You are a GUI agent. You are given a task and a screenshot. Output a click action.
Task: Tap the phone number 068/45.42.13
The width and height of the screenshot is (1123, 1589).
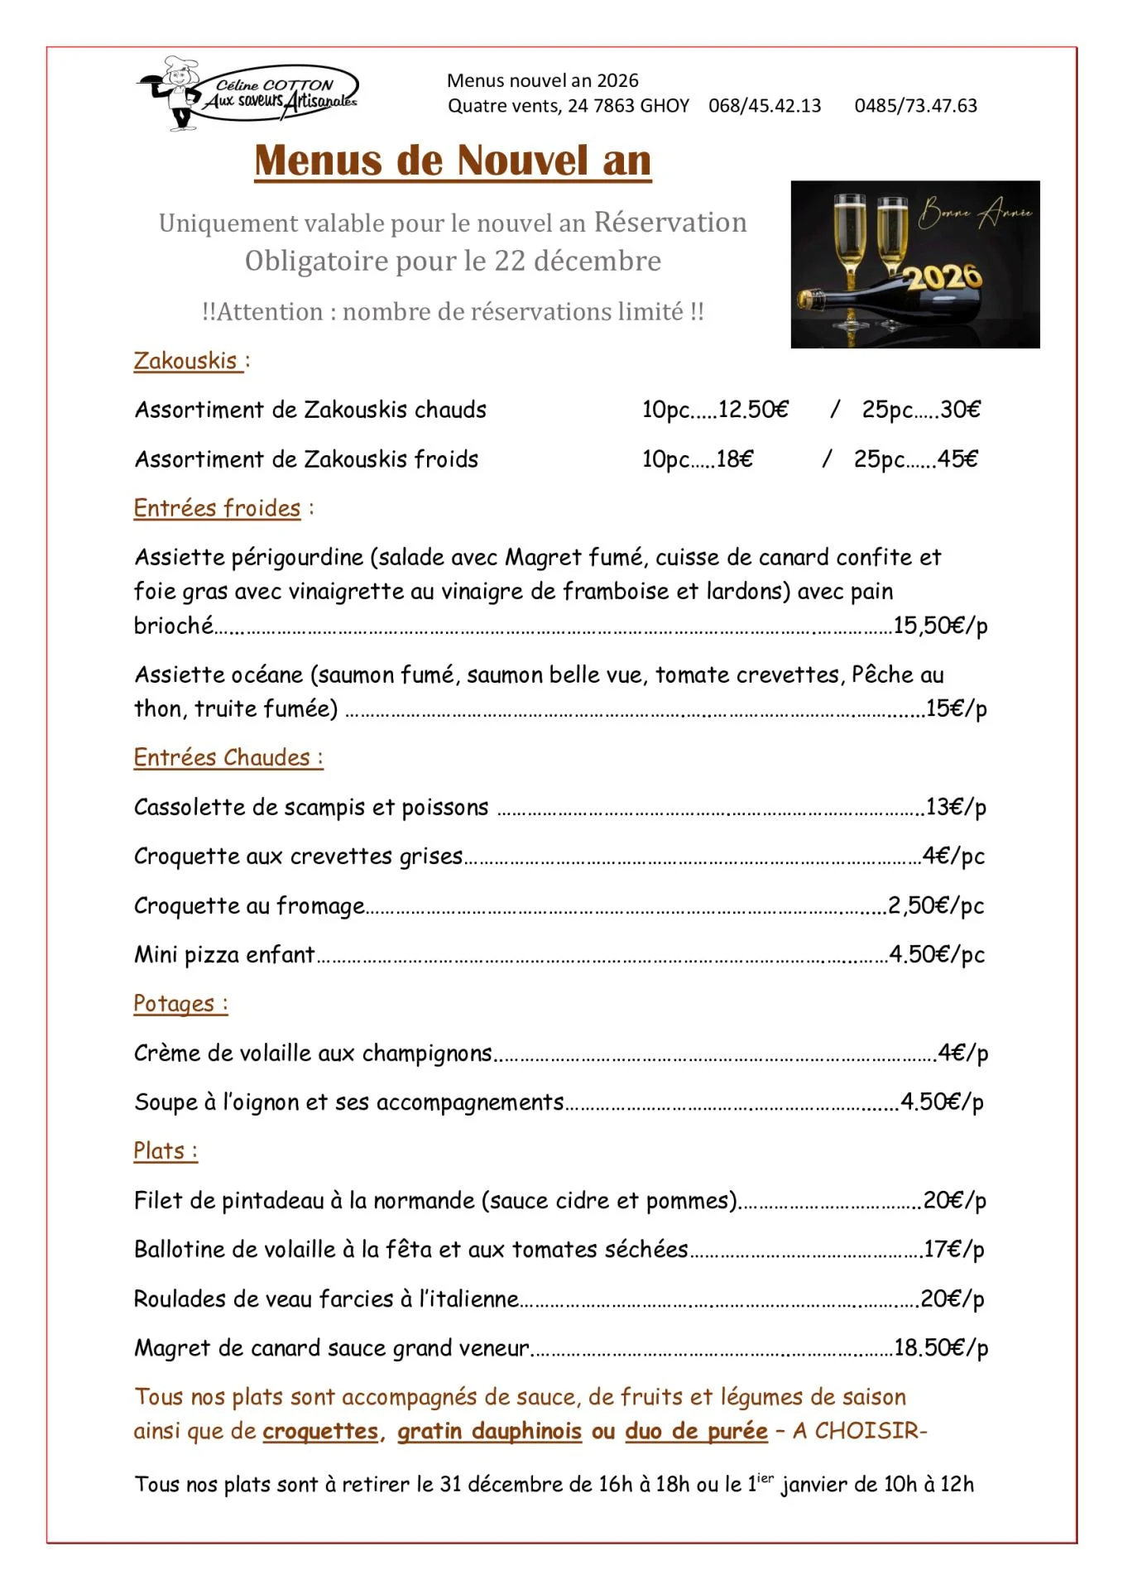pos(765,106)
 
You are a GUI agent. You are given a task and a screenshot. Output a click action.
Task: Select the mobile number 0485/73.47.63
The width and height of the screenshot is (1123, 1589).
pos(915,106)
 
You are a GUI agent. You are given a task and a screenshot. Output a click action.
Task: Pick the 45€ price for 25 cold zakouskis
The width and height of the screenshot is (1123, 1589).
pos(957,459)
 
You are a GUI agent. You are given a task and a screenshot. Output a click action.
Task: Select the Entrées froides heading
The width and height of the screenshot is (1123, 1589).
pos(217,508)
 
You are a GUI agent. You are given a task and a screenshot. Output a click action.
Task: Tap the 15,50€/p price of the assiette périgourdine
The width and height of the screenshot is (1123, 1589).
pos(940,626)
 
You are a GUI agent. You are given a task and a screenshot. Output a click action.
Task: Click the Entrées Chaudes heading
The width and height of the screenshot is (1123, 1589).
pos(228,758)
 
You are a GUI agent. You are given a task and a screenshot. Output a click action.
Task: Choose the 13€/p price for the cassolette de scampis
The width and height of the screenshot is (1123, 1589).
pos(956,807)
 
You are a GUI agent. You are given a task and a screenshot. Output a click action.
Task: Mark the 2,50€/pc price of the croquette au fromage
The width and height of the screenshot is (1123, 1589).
pos(936,905)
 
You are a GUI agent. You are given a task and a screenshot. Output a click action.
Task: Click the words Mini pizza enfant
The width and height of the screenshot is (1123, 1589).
pos(224,955)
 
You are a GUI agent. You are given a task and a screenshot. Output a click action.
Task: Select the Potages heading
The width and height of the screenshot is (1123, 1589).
pos(180,1004)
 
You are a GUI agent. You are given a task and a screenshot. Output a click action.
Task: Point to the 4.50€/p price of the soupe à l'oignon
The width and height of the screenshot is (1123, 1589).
pos(942,1102)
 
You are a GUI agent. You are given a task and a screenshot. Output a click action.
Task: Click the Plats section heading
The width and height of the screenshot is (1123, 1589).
pos(165,1151)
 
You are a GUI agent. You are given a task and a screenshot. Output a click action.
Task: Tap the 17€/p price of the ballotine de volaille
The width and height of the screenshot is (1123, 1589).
pos(954,1250)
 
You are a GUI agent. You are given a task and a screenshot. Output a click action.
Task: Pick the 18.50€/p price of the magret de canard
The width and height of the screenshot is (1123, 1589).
pos(941,1348)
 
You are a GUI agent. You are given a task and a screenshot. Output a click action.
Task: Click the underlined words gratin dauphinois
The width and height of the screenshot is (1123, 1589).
pos(489,1431)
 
